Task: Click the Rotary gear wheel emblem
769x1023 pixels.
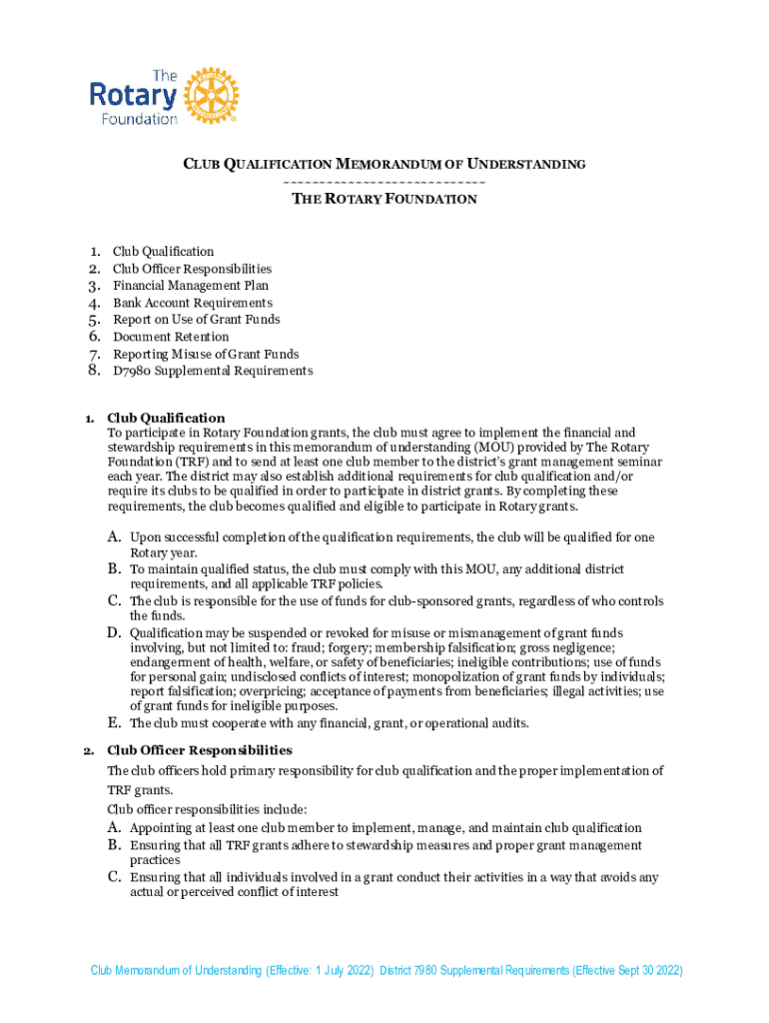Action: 211,96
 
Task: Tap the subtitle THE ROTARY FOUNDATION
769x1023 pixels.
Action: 384,199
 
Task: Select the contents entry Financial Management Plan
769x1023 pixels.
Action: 190,286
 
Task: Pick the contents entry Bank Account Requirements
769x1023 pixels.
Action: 192,303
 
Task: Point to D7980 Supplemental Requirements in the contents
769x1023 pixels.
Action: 212,371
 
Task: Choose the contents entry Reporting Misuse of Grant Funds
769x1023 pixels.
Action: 205,354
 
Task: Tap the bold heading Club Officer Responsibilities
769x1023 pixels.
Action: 200,749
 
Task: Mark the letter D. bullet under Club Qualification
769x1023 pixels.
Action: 115,632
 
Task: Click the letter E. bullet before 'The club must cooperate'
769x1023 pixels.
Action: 115,722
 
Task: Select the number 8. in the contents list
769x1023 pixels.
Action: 94,371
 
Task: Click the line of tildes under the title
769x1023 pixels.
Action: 384,181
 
